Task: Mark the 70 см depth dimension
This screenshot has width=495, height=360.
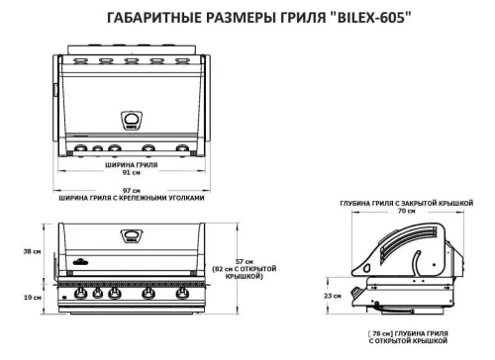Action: tap(407, 211)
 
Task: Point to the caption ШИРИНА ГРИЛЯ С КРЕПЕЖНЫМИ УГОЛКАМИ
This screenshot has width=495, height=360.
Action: tap(134, 197)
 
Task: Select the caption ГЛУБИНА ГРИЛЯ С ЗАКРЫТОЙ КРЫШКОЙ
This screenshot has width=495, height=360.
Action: tap(407, 202)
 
